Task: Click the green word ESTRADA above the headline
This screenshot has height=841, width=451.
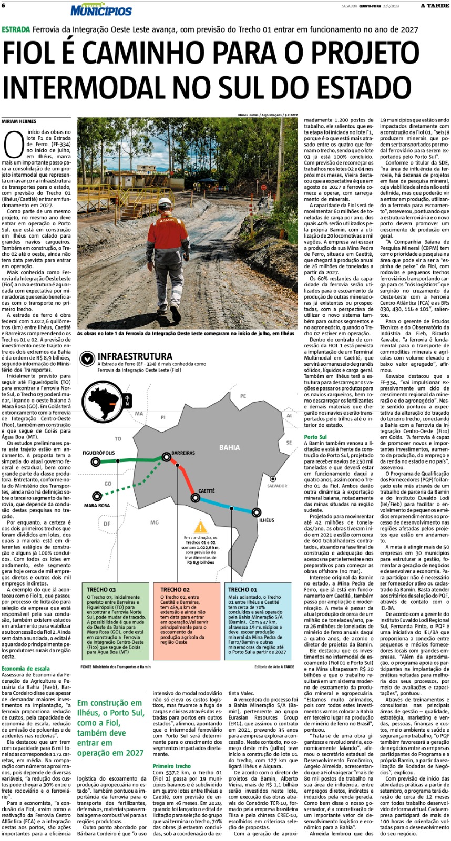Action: coord(15,30)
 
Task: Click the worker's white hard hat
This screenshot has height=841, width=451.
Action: coord(166,203)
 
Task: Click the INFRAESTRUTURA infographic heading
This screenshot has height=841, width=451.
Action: coord(135,356)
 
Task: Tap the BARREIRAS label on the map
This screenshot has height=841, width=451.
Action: coord(183,453)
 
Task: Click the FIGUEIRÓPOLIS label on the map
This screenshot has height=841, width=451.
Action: coord(98,453)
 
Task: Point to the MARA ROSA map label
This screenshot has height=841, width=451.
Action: coord(97,506)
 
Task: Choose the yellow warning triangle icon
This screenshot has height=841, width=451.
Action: coord(200,527)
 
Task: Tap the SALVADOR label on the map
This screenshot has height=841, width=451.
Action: coord(277,486)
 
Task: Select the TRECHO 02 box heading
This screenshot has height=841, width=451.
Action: coord(175,590)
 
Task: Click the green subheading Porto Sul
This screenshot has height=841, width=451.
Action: coord(315,437)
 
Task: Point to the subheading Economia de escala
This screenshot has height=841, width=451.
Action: coord(26,669)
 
